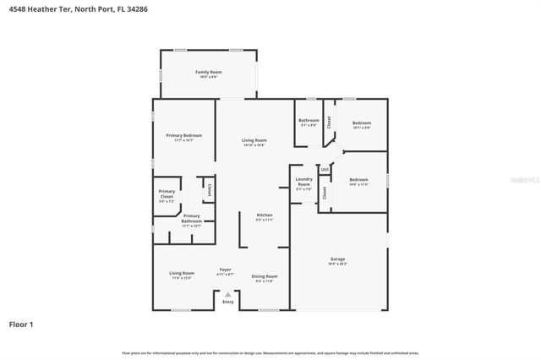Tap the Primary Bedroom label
coord(183,137)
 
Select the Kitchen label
coord(265,216)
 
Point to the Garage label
coord(337,260)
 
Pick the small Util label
coord(325,170)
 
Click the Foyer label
coord(225,271)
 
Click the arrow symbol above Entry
coord(227,294)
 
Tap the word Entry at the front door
coord(227,302)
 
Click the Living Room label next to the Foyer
coord(181,275)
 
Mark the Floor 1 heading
coord(21,324)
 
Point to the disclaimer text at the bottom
coord(270,352)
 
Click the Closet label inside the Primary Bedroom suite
coord(209,188)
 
